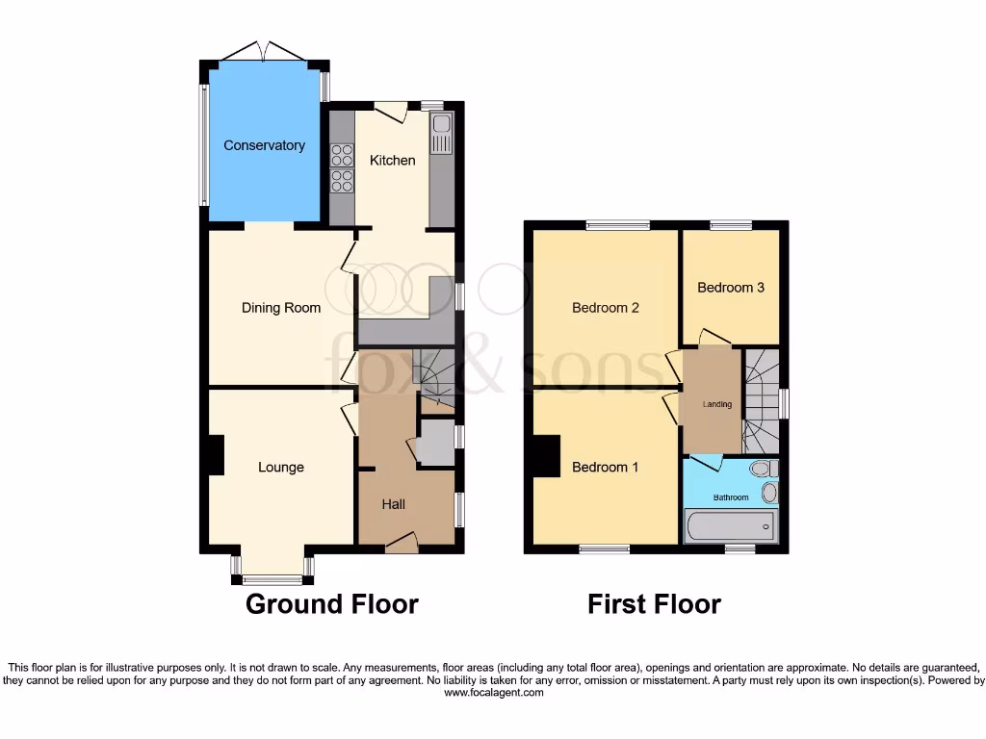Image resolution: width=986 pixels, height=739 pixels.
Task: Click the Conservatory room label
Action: click(264, 145)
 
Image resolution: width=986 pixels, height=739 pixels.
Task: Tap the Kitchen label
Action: click(393, 160)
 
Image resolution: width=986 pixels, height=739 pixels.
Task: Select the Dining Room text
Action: click(280, 308)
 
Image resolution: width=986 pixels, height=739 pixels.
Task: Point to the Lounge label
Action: click(280, 468)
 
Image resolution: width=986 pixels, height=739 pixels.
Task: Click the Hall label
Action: click(393, 504)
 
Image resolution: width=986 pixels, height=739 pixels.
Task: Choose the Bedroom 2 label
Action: click(606, 308)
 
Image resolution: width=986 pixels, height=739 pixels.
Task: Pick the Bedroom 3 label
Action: click(731, 287)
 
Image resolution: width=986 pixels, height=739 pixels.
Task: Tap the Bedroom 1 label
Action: click(606, 468)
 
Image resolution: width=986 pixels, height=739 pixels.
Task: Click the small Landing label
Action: click(716, 404)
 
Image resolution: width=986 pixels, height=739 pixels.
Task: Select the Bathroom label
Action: click(731, 497)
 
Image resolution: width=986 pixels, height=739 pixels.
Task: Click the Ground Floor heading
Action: click(332, 604)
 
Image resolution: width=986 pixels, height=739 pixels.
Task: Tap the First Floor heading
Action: click(654, 604)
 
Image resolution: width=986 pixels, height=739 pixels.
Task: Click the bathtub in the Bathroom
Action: click(730, 526)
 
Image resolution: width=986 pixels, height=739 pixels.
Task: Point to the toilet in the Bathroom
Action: click(764, 469)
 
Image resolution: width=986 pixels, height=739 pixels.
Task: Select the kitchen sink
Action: click(442, 134)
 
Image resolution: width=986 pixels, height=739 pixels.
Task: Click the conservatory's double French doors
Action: click(264, 52)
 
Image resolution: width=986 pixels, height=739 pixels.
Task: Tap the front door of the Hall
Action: click(401, 544)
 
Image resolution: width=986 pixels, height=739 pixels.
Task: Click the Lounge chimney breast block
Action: click(216, 455)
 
